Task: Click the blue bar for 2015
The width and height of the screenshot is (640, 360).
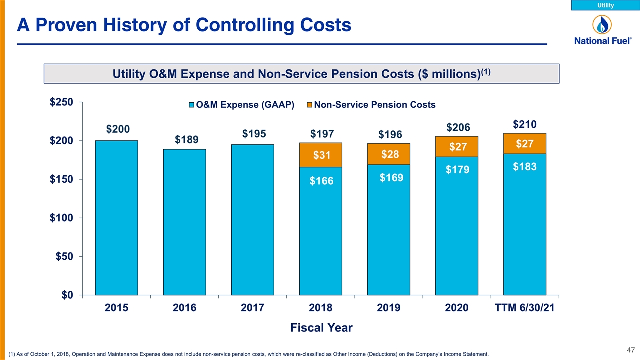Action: coord(116,218)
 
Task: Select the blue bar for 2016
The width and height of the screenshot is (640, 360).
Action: coord(185,222)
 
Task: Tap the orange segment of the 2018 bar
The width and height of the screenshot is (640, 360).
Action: coord(321,155)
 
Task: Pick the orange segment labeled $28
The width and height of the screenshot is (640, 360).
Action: coord(389,154)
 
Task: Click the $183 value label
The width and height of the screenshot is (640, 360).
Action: coord(525,167)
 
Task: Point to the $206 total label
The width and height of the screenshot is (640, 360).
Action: coord(458,127)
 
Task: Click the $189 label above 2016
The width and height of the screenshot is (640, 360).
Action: coord(186,139)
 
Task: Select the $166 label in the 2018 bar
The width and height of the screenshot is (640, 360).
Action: coord(321,181)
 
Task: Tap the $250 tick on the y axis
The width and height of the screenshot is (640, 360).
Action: coord(61,102)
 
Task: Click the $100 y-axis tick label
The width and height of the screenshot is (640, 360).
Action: coord(61,218)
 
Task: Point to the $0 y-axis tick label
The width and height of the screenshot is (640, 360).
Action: coord(67,295)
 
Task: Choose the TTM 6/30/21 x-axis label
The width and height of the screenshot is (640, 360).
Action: coord(524,308)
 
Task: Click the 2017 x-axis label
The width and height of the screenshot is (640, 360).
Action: coord(252,308)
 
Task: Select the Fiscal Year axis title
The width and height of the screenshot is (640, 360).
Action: coord(321,328)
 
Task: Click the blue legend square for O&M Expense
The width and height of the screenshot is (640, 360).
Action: coord(192,105)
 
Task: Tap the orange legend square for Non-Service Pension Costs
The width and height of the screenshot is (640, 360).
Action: coord(309,105)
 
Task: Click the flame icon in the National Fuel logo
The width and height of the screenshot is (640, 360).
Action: coord(602,25)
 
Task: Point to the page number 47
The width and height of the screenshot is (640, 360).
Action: coord(631,350)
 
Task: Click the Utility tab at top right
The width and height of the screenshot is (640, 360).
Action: coord(605,5)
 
